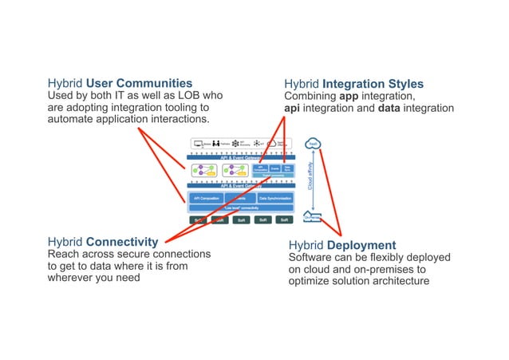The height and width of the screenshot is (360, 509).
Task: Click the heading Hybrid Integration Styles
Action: click(x=353, y=84)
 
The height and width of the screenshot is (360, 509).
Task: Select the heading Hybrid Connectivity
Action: click(x=102, y=241)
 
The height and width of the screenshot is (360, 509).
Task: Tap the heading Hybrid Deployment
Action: click(x=341, y=244)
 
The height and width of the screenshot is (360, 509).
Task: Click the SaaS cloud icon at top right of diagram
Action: click(x=314, y=144)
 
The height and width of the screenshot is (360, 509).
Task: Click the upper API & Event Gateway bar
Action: click(x=239, y=158)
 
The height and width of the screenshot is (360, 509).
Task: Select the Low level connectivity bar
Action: click(x=239, y=208)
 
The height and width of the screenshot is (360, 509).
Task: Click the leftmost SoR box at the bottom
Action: click(x=197, y=220)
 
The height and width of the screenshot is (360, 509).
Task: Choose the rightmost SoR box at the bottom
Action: click(x=283, y=220)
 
